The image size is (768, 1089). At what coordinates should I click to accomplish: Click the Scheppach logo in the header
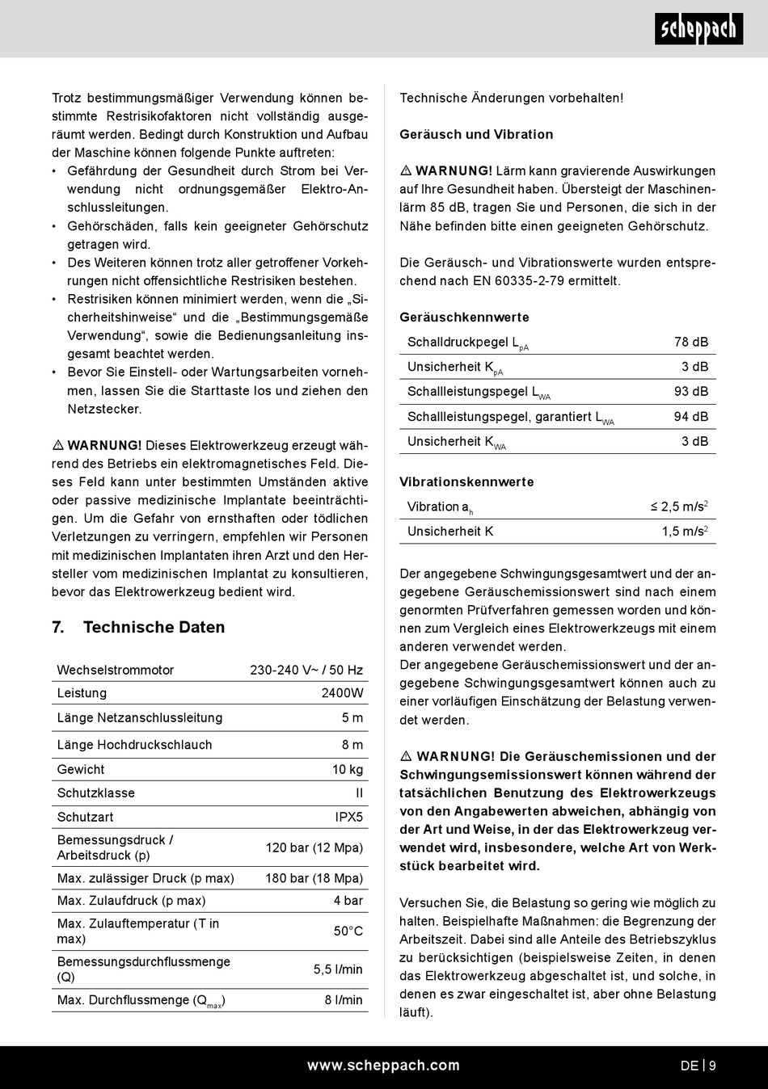[x=698, y=30]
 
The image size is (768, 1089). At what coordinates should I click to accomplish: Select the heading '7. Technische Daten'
[x=138, y=627]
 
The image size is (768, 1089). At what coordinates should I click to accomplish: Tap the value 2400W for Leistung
[x=342, y=693]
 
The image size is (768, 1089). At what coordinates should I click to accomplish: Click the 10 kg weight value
[x=348, y=769]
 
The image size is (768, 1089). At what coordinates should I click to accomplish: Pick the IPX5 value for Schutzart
[x=349, y=817]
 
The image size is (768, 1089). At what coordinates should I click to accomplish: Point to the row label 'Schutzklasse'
[x=96, y=793]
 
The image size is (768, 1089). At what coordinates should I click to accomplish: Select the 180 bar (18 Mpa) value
[x=314, y=878]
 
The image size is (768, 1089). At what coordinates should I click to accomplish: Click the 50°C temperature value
[x=348, y=931]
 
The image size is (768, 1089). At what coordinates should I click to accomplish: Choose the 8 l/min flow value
[x=344, y=1000]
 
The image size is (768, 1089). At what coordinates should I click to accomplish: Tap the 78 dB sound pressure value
[x=691, y=342]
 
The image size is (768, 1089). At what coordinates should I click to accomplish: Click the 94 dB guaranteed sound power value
[x=691, y=417]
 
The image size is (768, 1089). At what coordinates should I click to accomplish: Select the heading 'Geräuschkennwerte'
[x=464, y=317]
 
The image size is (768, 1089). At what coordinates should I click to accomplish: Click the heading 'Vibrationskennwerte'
[x=466, y=482]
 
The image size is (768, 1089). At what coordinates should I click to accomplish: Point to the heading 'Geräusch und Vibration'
[x=476, y=134]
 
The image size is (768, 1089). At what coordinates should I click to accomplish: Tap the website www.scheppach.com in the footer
[x=383, y=1066]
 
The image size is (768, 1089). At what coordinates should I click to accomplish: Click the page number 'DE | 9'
[x=698, y=1066]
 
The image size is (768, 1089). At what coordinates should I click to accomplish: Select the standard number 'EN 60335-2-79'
[x=568, y=281]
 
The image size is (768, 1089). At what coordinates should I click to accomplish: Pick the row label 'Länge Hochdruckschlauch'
[x=134, y=745]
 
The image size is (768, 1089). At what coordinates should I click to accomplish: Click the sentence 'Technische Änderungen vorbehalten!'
[x=512, y=98]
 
